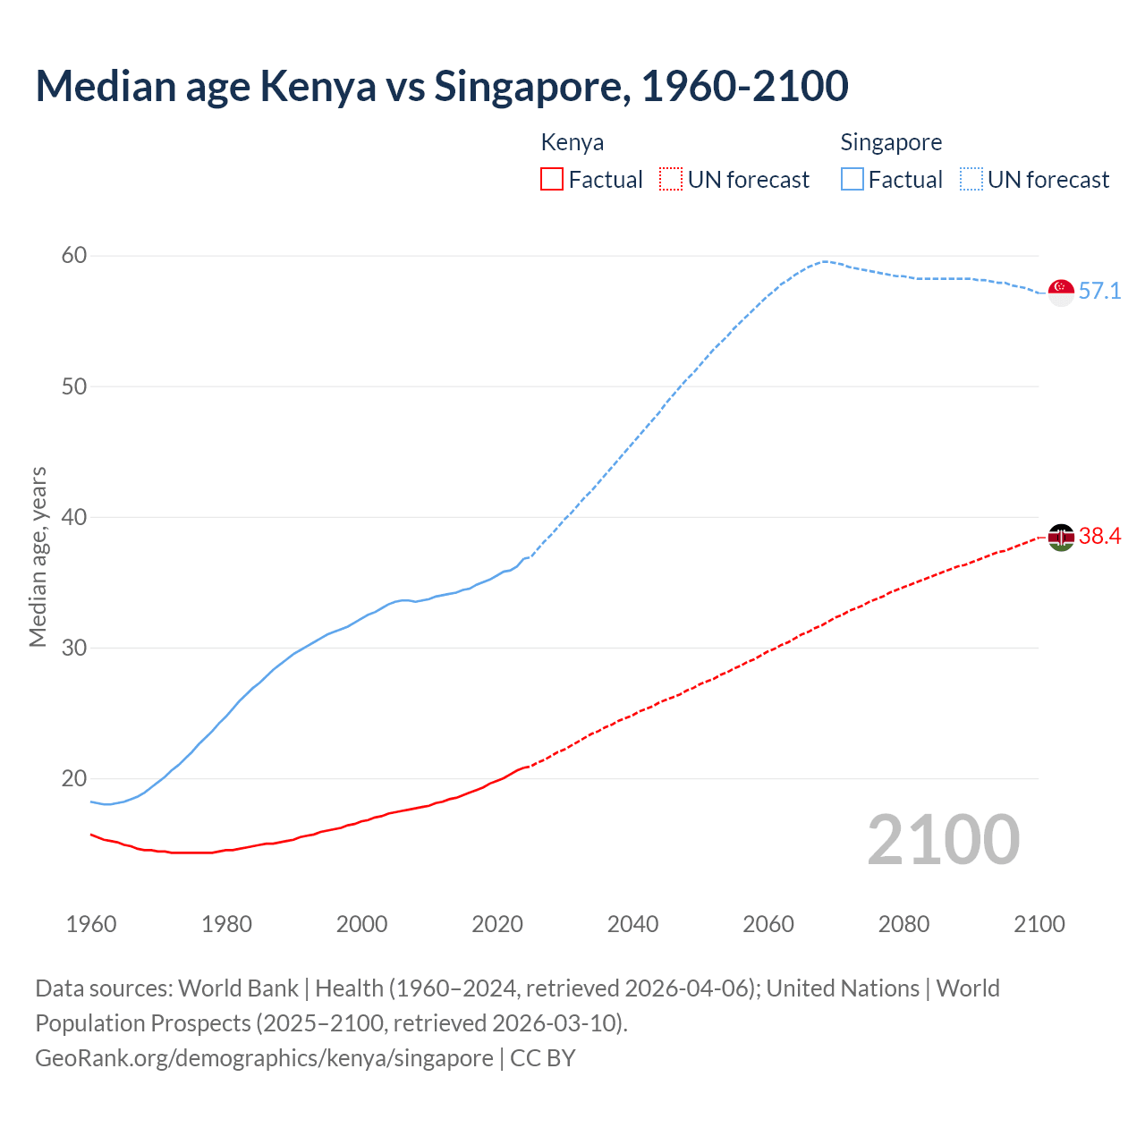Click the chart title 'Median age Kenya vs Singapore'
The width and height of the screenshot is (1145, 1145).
click(442, 86)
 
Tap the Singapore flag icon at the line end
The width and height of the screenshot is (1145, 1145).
click(1061, 293)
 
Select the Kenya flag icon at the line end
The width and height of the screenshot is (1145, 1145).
click(1061, 537)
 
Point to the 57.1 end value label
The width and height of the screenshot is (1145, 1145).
click(1099, 292)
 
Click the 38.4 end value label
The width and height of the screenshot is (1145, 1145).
click(1099, 536)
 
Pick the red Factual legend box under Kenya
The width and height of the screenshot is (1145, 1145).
click(552, 180)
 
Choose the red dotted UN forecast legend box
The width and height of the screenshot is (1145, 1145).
click(671, 180)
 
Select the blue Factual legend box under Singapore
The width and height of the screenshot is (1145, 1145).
click(852, 180)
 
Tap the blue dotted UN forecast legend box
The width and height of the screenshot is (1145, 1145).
click(971, 180)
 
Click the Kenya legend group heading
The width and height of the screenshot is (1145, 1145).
click(572, 142)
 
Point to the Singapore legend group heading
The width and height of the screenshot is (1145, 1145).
click(891, 142)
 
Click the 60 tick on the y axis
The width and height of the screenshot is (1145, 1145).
click(74, 256)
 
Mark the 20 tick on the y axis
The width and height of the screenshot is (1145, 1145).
click(74, 778)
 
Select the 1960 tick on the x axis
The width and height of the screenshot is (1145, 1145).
click(91, 924)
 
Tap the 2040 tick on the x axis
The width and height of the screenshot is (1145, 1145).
click(632, 924)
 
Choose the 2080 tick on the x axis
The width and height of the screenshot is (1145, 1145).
click(903, 924)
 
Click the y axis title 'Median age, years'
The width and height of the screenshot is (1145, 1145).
click(38, 556)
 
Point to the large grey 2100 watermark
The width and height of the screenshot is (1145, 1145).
click(943, 839)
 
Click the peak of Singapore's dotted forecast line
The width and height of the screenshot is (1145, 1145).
click(823, 261)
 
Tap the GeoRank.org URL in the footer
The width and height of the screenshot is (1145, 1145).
click(264, 1058)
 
